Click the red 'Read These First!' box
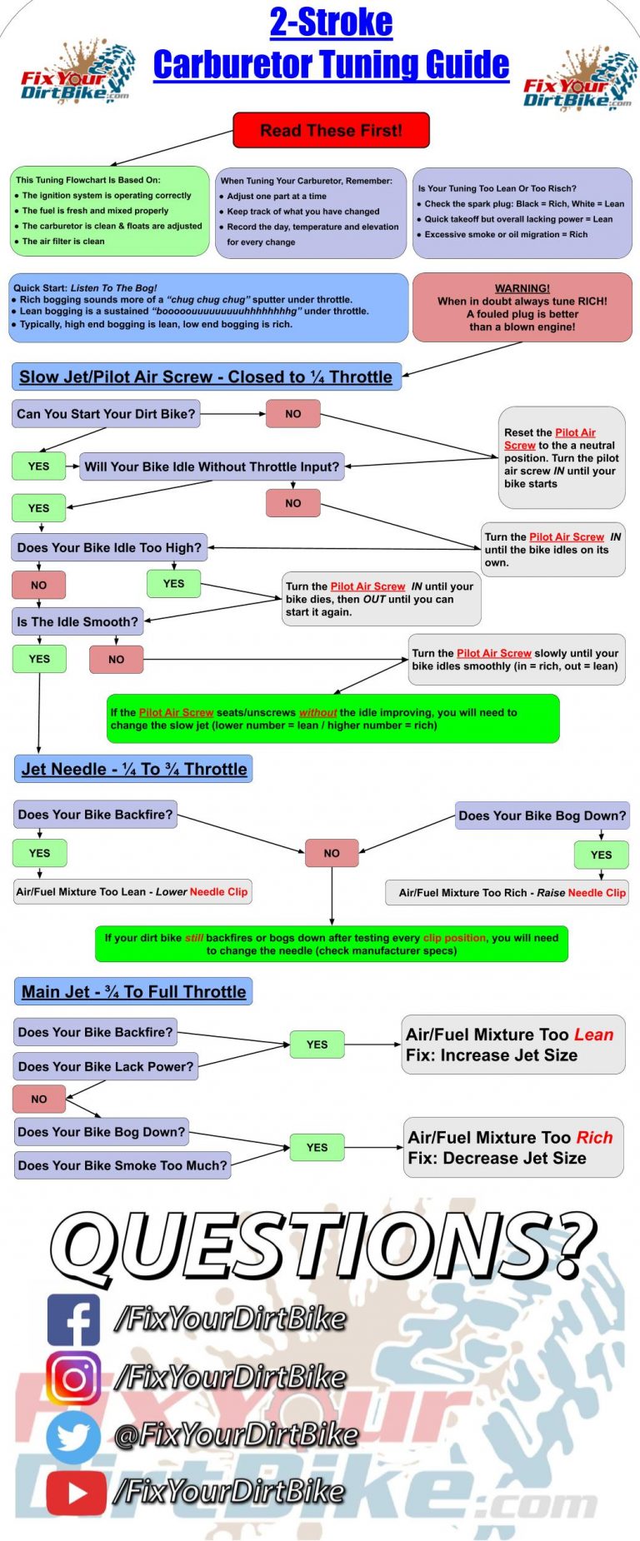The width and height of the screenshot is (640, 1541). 331,131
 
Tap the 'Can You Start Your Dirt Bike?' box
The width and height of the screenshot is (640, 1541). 106,414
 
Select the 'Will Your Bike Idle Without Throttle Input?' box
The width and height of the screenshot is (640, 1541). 212,467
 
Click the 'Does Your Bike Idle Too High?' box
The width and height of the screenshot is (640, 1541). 109,548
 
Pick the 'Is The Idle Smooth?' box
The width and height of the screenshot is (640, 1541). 77,621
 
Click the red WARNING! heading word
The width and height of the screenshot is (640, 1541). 522,288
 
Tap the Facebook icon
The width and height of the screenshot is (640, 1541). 73,1319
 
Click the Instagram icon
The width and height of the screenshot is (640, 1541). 73,1377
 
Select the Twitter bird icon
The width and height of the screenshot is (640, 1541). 73,1434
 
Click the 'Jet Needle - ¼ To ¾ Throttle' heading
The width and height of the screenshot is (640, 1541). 134,769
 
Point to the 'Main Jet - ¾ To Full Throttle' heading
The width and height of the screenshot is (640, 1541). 133,991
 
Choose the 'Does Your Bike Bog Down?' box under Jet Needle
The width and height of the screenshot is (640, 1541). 542,815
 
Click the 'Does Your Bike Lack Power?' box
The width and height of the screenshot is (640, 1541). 105,1066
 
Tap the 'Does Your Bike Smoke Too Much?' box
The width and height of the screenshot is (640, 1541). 122,1165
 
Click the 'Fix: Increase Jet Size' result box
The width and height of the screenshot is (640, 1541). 512,1045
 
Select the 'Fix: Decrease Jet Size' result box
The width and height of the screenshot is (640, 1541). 512,1147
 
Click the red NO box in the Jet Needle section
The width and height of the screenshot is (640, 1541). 332,853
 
